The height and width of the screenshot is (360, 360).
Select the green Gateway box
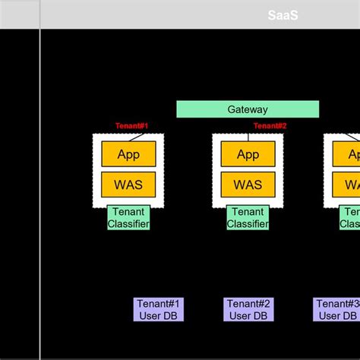pyautogui.click(x=248, y=109)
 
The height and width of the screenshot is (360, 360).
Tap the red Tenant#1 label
pyautogui.click(x=131, y=126)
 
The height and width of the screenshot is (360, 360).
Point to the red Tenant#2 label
pyautogui.click(x=270, y=126)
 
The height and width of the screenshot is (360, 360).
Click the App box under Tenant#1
pyautogui.click(x=128, y=154)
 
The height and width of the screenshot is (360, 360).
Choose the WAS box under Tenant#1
pyautogui.click(x=128, y=185)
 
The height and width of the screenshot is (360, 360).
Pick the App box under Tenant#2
pyautogui.click(x=248, y=154)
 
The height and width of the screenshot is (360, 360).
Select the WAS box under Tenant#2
pyautogui.click(x=248, y=185)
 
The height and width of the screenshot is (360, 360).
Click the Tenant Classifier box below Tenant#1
pyautogui.click(x=128, y=218)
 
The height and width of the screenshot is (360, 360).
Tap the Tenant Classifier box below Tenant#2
pyautogui.click(x=248, y=218)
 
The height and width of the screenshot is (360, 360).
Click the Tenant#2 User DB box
pyautogui.click(x=248, y=310)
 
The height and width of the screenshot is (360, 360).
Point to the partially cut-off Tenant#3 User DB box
pyautogui.click(x=336, y=310)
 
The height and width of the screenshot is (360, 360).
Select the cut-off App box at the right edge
pyautogui.click(x=353, y=154)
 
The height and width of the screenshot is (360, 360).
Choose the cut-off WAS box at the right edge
pyautogui.click(x=353, y=185)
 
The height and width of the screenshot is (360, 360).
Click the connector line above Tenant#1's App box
pyautogui.click(x=137, y=137)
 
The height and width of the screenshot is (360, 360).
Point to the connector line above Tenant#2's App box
pyautogui.click(x=257, y=137)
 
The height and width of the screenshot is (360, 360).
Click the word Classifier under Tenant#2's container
pyautogui.click(x=248, y=224)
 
